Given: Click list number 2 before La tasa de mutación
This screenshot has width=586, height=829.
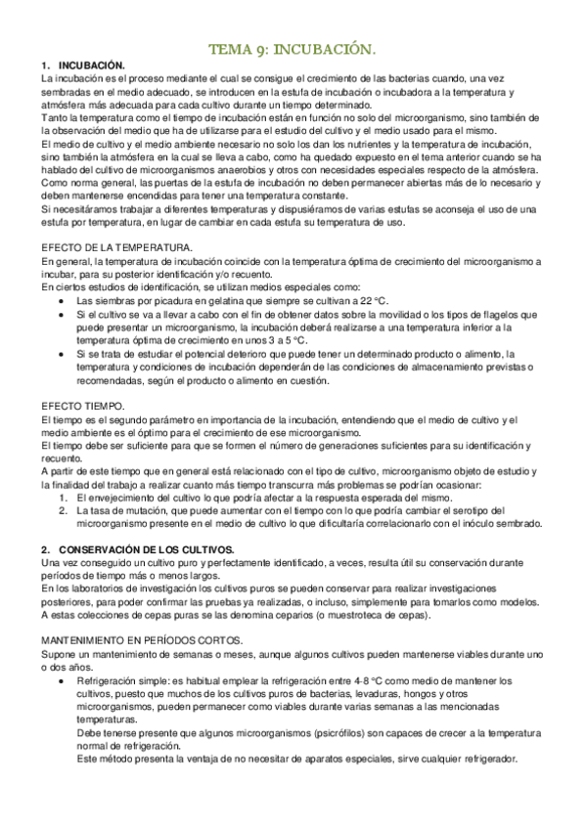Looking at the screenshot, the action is (64, 509).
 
